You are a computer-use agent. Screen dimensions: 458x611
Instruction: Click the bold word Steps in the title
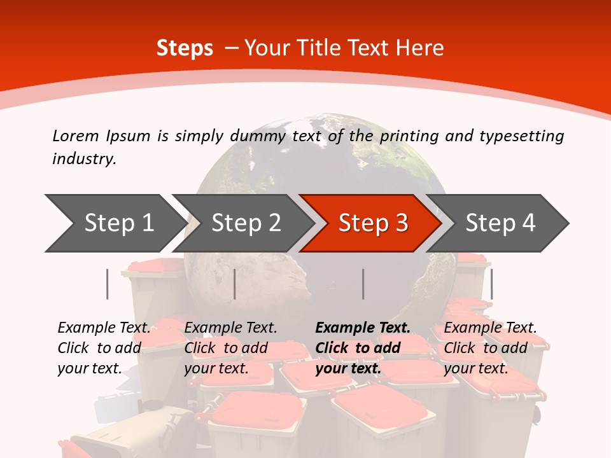pos(185,48)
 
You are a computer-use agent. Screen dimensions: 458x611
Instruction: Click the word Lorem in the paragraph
pos(76,136)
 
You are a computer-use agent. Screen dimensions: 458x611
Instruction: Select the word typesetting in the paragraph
pos(521,136)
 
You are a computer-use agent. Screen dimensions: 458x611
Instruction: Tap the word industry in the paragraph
pos(84,159)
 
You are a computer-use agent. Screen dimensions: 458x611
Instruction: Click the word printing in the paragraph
pos(407,136)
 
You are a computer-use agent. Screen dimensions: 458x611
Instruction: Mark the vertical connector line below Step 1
pos(108,284)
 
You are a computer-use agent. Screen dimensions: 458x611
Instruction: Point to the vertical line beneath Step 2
pos(235,284)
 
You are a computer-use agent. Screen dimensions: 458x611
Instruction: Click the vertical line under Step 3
pos(363,284)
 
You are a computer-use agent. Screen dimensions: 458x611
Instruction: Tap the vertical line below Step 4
pos(491,284)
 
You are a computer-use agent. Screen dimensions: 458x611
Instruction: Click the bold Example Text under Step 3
pos(363,328)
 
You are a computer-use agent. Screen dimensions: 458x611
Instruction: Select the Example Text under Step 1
pos(104,328)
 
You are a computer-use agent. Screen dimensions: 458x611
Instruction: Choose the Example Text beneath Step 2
pos(230,328)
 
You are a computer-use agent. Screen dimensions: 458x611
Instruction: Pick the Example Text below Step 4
pos(490,328)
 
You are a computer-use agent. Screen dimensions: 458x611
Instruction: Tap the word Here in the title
pos(420,48)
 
